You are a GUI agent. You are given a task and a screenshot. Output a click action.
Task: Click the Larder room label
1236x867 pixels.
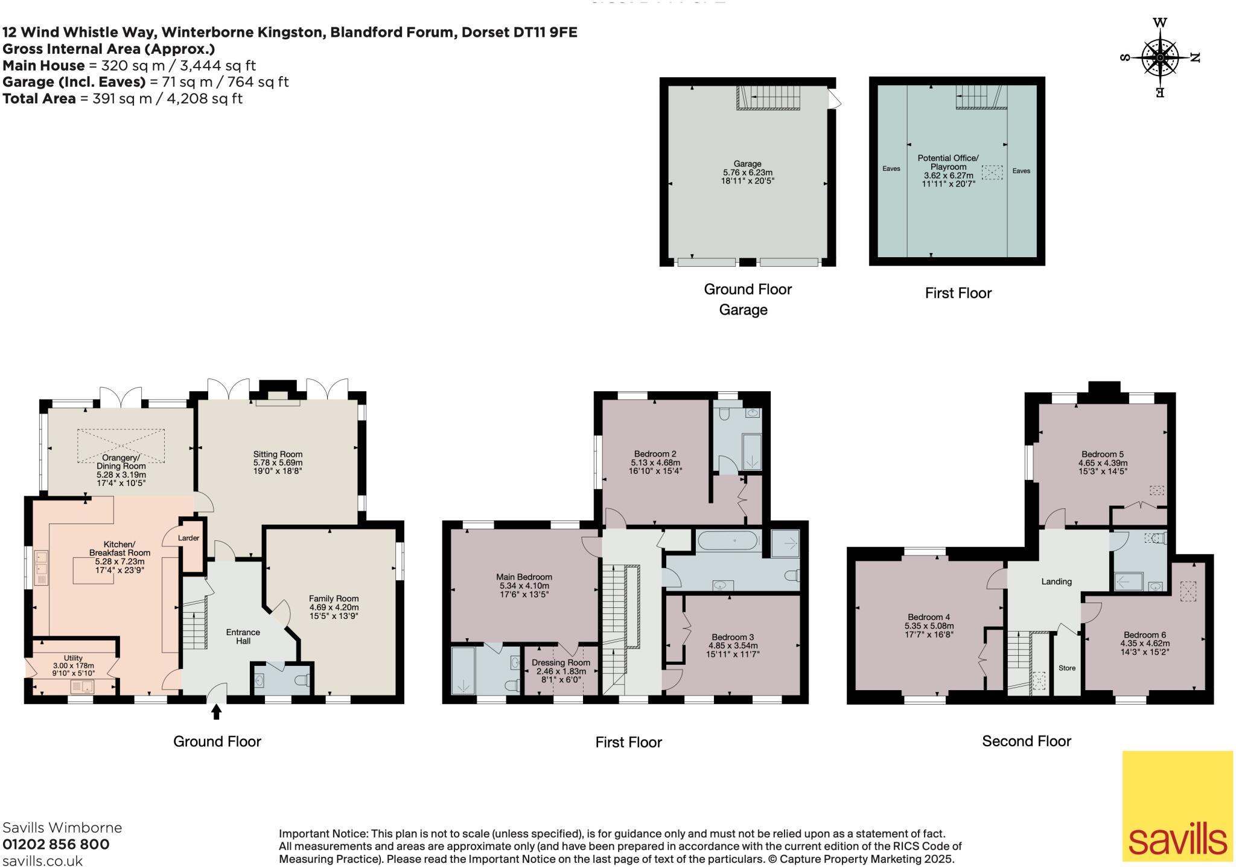189,538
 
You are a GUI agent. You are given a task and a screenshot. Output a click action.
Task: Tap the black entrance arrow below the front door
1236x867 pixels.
216,712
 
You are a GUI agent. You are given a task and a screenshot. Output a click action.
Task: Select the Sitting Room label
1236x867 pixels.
278,455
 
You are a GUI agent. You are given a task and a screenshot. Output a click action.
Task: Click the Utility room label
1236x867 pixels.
73,658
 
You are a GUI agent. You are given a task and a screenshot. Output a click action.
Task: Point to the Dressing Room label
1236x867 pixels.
561,663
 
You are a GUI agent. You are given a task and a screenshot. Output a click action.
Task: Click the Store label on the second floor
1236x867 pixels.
1066,668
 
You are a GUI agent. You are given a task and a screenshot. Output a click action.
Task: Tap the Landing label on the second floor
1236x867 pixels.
1056,581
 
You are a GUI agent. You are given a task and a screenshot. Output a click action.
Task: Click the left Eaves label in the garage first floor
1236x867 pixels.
891,168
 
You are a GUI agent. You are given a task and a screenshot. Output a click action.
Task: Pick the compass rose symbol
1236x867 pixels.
1159,58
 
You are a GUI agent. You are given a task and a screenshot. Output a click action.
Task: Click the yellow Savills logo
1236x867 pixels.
1177,805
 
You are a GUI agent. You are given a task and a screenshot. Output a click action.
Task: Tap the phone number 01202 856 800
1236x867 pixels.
56,845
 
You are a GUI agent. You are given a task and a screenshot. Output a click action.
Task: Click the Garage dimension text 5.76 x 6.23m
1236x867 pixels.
747,172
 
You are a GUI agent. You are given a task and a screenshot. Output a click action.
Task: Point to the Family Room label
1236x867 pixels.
334,599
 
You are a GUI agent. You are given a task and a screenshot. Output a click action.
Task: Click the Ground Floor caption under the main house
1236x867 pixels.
217,741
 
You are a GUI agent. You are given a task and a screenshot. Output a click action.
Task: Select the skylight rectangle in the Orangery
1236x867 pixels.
121,446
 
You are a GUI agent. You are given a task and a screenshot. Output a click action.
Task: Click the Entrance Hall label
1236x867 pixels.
243,636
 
